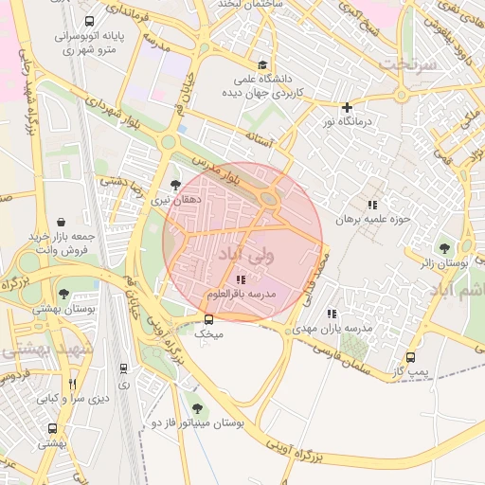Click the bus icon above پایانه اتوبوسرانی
click(x=89, y=22)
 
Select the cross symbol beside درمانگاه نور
click(x=348, y=107)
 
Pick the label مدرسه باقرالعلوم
click(x=240, y=296)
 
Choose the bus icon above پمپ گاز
click(x=410, y=357)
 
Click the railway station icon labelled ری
click(x=123, y=368)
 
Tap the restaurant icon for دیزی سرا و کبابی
click(x=73, y=384)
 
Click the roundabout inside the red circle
click(x=270, y=200)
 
